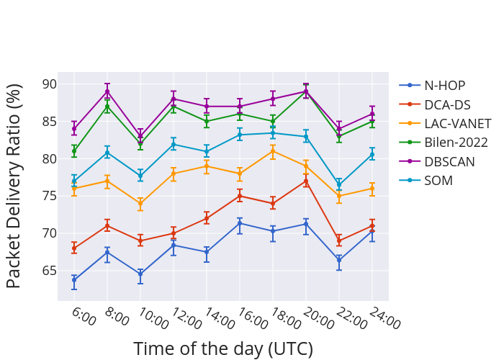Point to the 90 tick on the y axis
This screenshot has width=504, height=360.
(x=49, y=84)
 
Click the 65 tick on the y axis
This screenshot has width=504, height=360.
(x=49, y=271)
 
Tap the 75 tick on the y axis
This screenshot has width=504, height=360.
(x=49, y=196)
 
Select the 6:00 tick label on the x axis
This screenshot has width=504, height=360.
(x=83, y=317)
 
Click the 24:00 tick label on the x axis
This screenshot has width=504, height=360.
(x=384, y=318)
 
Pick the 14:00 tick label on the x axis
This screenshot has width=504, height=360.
(x=218, y=318)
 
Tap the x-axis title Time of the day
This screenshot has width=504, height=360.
(x=223, y=349)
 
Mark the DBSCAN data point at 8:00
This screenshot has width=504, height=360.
(x=107, y=91)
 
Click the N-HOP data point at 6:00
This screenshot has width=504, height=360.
(x=74, y=280)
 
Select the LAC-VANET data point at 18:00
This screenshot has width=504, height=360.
(x=273, y=151)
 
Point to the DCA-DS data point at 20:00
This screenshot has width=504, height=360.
(x=306, y=181)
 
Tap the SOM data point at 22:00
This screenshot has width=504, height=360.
(x=339, y=185)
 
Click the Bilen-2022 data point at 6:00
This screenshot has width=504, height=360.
(x=74, y=151)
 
